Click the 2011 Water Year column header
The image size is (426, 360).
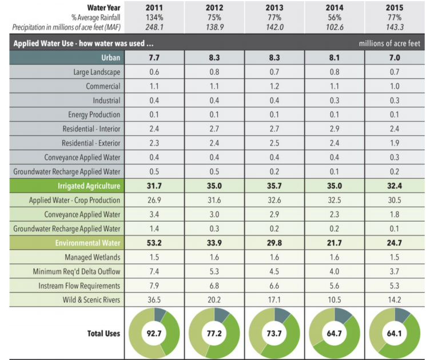coord(154,7)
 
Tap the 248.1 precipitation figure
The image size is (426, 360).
coord(154,27)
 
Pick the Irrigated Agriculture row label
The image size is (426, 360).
coord(89,186)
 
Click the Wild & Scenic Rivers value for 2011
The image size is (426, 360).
coord(154,299)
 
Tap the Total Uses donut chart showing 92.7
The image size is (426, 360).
coord(154,333)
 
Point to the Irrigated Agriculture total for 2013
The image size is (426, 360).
coord(274,186)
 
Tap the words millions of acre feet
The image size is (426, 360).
coord(389,43)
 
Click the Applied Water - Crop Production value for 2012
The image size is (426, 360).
coord(214,200)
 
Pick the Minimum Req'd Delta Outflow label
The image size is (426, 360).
coord(80,271)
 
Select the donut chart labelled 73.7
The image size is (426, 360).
coord(274,333)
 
